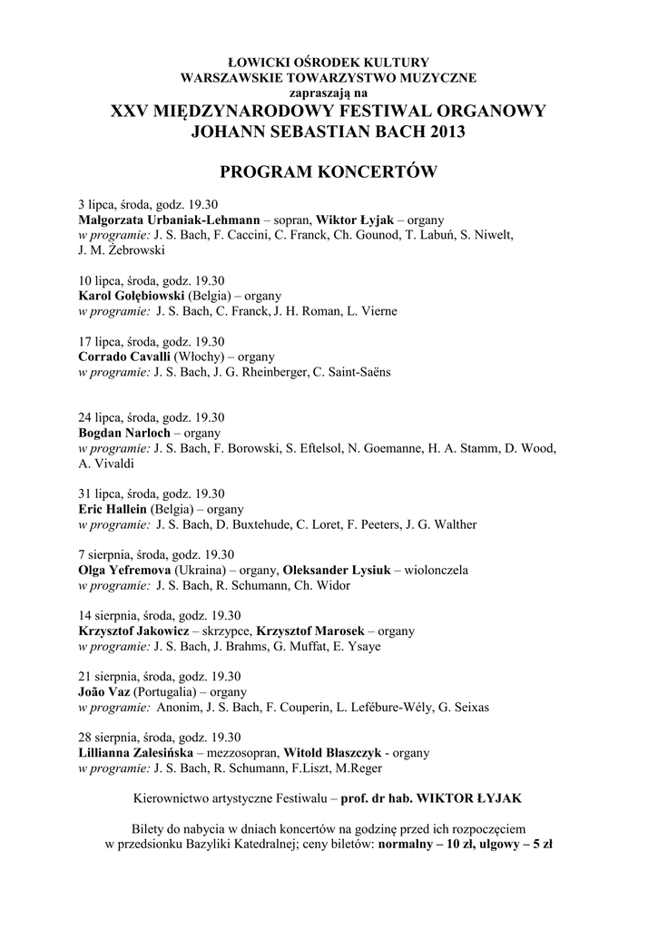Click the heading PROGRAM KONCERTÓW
coord(329,172)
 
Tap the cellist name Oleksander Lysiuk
coord(336,571)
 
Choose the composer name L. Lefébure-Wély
coord(385,707)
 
